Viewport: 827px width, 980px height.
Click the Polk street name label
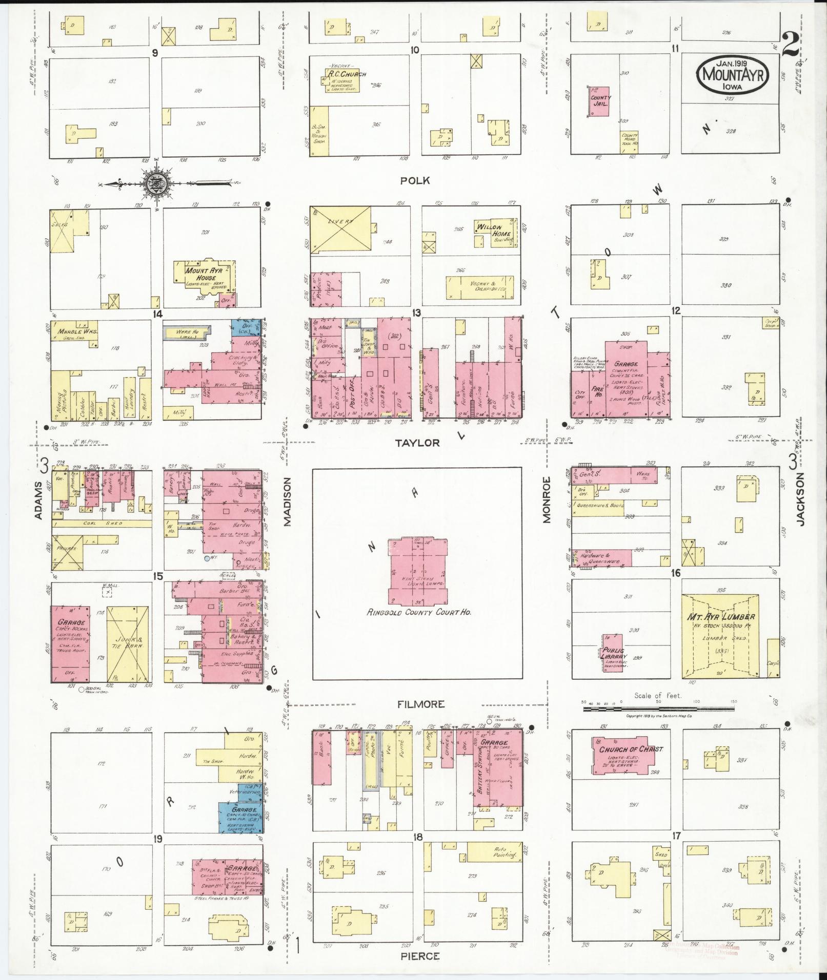(415, 180)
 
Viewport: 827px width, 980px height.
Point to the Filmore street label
(421, 704)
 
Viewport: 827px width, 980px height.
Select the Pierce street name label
(420, 956)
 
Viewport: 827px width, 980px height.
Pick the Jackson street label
(801, 498)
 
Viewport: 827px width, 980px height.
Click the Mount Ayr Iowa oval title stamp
(732, 76)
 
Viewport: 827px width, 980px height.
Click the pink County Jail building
(599, 101)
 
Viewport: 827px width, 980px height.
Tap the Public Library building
(613, 654)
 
